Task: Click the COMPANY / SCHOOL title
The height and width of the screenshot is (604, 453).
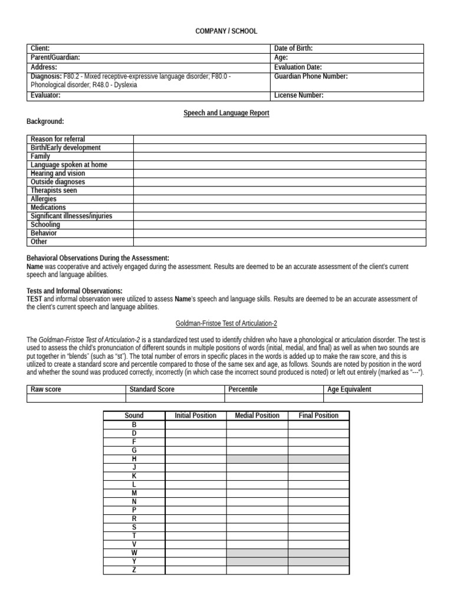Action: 226,31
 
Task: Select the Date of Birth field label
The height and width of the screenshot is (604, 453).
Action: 293,48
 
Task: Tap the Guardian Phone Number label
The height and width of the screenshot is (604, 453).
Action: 311,77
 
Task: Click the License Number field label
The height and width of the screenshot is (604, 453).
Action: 298,96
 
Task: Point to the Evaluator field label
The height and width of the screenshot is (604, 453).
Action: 46,96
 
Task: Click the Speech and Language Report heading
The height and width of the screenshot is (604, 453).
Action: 226,113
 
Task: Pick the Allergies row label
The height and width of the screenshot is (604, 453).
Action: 44,199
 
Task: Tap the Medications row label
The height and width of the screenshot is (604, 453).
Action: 48,208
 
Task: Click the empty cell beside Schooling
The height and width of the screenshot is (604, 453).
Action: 278,225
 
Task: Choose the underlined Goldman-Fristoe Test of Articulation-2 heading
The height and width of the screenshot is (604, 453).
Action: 226,323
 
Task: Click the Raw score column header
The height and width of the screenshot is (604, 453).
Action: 46,389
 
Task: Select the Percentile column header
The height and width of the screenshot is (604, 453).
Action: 243,389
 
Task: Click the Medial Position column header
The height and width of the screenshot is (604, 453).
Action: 257,415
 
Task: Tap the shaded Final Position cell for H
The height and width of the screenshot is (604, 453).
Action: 319,458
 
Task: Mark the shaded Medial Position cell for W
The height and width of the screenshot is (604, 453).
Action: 257,553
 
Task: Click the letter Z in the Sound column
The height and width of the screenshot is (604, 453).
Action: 134,570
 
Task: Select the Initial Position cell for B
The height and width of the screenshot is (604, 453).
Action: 195,424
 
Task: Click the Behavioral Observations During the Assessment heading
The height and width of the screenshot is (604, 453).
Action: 98,258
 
